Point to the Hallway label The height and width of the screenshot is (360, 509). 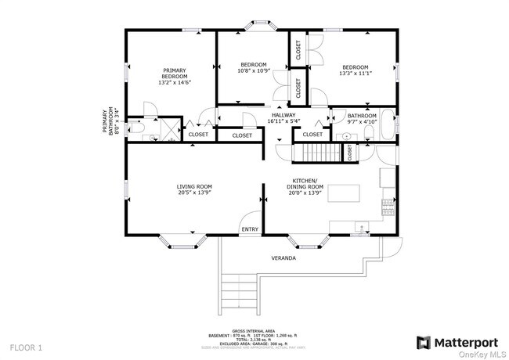coord(283,117)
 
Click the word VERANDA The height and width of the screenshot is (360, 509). coord(283,257)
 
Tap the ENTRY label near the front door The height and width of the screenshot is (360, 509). coord(250,229)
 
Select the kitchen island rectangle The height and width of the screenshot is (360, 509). coord(345,193)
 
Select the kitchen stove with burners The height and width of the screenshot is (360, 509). coord(387,207)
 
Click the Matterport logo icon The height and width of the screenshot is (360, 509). coord(424,342)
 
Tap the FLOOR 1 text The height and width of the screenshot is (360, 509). coord(26,346)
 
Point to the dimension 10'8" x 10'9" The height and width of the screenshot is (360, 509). coord(254,70)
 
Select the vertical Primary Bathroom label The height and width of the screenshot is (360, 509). coord(113,122)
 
